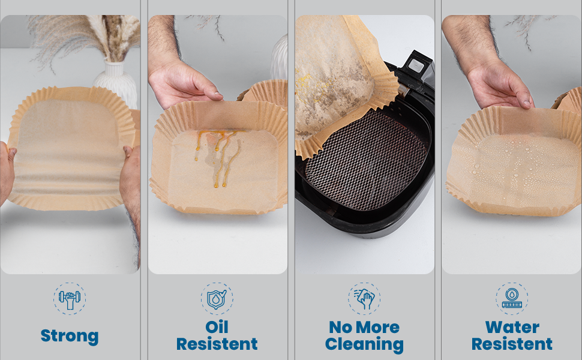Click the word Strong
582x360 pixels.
tap(70, 336)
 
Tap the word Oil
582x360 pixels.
tap(217, 327)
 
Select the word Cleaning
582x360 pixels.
tap(364, 344)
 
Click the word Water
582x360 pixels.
tap(512, 328)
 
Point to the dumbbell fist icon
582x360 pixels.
tap(70, 299)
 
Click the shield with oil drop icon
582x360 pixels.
tap(217, 299)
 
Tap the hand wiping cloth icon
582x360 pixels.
tap(364, 299)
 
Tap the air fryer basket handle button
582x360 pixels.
tap(417, 66)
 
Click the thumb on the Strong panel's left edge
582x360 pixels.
tap(12, 153)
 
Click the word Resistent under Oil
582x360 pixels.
tap(217, 344)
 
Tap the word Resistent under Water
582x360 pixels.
tap(512, 344)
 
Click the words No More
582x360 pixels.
tap(364, 328)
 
